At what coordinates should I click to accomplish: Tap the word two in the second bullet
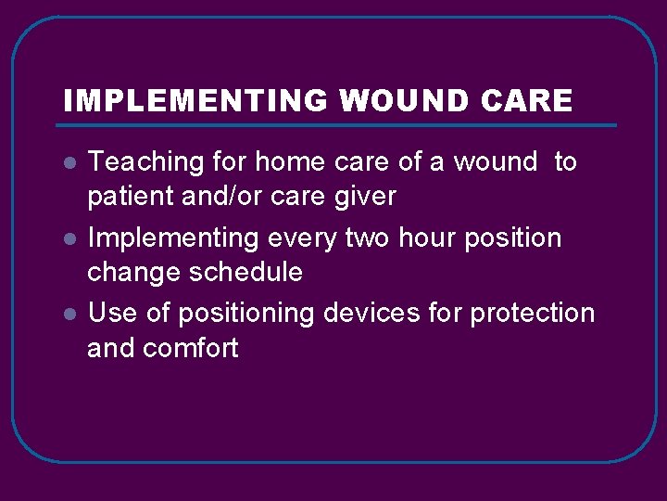click(368, 238)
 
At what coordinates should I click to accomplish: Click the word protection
click(532, 314)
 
